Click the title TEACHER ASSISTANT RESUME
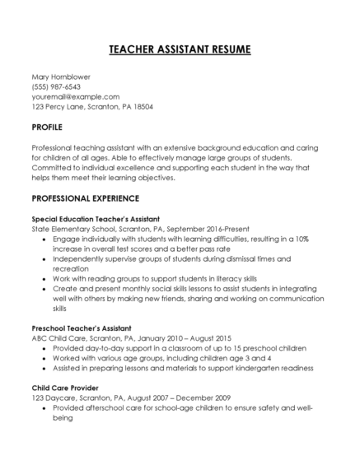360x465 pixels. (x=180, y=50)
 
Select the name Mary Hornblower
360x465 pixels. (x=61, y=77)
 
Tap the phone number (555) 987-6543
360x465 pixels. (x=56, y=87)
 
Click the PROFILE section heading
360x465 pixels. (x=48, y=128)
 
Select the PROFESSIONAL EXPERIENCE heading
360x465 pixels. (x=86, y=199)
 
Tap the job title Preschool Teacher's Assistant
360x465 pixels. (x=82, y=328)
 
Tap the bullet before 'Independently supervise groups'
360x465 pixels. (x=43, y=259)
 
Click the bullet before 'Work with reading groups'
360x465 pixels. (x=43, y=280)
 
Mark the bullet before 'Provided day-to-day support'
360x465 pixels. (x=43, y=348)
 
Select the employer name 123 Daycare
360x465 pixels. (x=51, y=397)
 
